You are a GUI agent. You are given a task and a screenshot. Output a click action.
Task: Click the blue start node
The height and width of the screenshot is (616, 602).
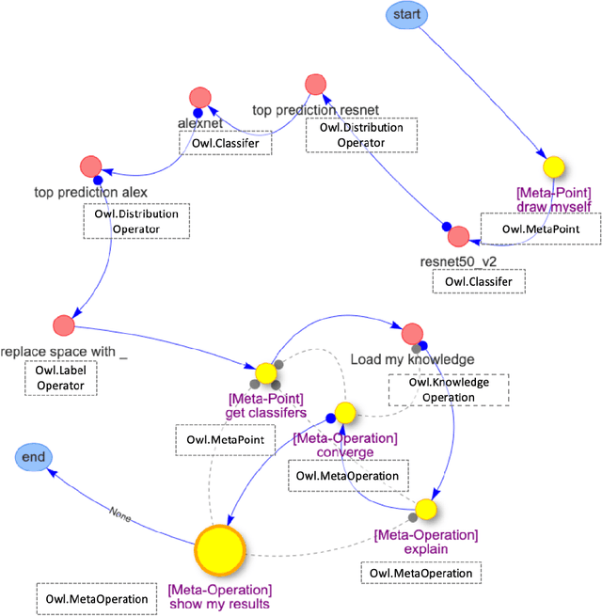coord(408,14)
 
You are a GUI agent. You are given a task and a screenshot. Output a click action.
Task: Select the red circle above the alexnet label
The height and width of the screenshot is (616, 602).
coord(199,97)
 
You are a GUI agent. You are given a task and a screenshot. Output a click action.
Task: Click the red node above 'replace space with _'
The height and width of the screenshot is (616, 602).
coord(64,325)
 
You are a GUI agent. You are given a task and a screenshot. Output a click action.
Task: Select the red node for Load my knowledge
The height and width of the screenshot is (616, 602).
coord(412,334)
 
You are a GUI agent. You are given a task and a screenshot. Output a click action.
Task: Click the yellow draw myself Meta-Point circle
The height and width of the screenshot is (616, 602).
coord(555,168)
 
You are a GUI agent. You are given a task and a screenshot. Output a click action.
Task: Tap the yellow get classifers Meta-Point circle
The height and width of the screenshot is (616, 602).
coord(264,372)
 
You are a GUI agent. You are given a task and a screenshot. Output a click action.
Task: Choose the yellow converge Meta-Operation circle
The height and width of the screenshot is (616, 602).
coord(345,412)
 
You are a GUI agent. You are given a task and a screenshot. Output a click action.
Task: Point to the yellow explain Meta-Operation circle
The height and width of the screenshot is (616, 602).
coord(426,509)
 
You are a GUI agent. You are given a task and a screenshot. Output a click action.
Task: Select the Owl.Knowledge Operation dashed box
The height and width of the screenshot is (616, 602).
coord(448,390)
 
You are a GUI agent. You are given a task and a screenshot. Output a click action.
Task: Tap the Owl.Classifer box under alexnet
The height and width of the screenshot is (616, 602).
coord(224,142)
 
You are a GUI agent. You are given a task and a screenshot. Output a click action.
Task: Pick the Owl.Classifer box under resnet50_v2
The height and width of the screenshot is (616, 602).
coord(477,280)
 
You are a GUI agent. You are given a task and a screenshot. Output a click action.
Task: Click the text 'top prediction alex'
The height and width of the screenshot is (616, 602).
coord(90,193)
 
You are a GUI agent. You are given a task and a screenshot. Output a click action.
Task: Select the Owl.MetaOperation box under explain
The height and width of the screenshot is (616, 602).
coord(420,573)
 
